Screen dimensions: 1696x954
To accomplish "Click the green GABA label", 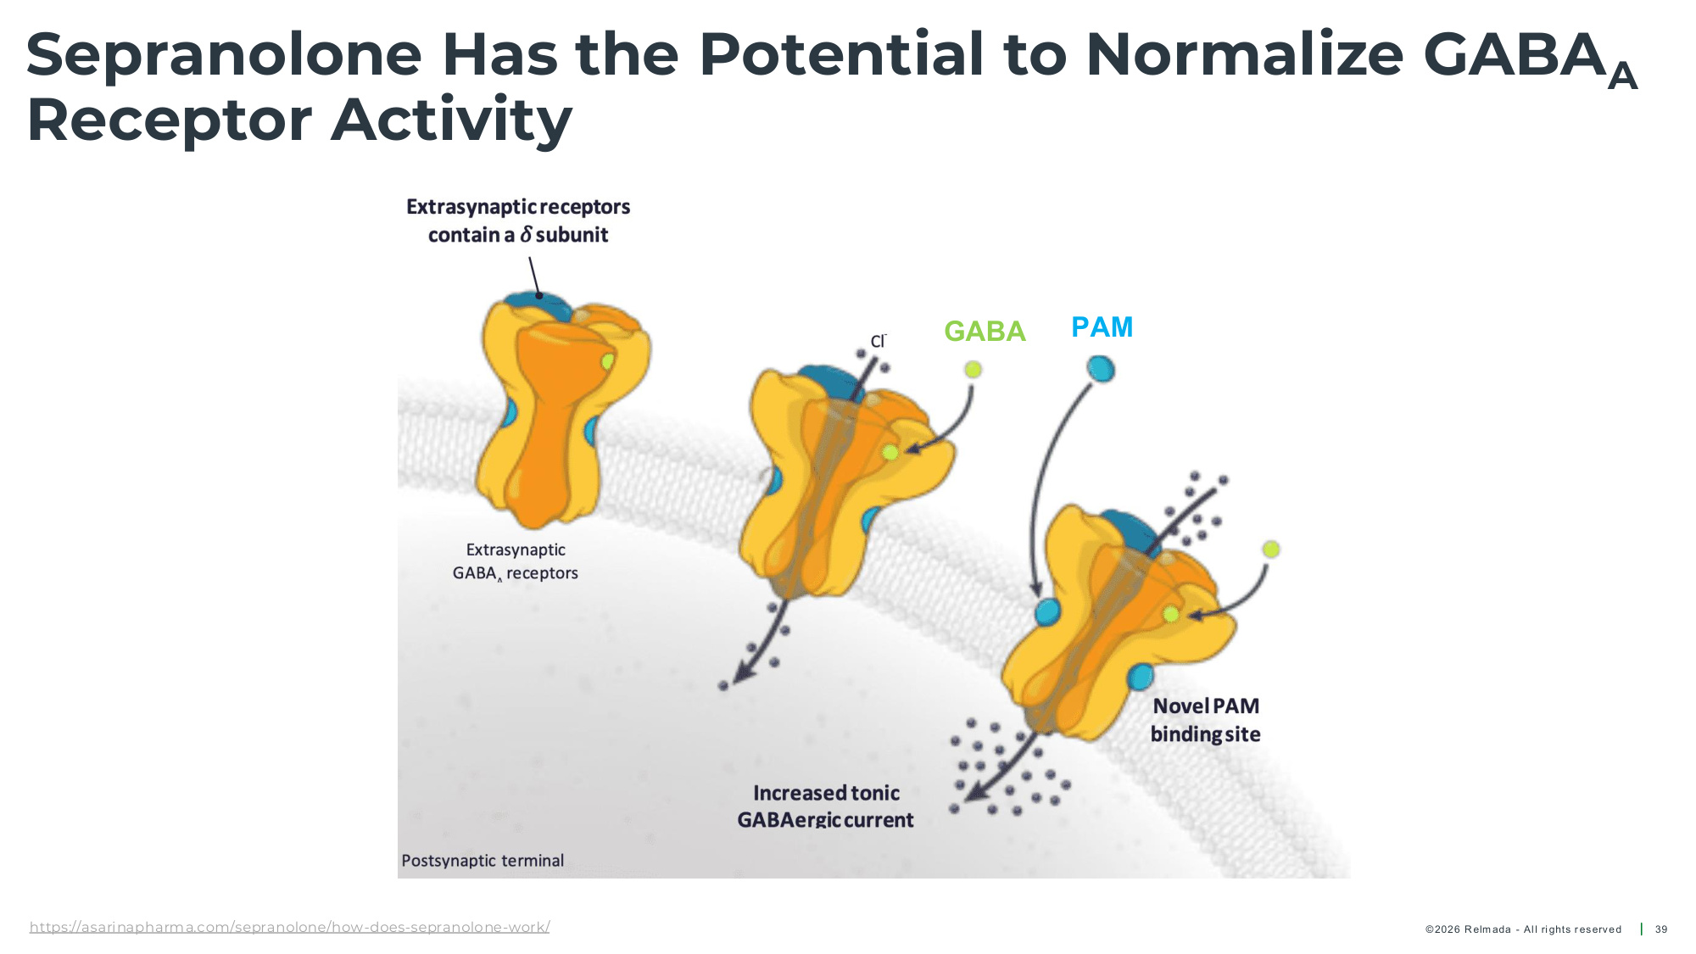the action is click(x=985, y=331).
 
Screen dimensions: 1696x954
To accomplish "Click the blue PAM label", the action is click(x=1102, y=327).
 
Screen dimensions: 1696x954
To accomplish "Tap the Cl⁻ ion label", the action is click(x=878, y=341).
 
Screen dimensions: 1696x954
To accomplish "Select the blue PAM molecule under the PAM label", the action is click(x=1101, y=369).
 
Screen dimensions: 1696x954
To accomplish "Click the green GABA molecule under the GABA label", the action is click(x=973, y=369).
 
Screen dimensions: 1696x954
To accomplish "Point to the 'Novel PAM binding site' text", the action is click(x=1205, y=720).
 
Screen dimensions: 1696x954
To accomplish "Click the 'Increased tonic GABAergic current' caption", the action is click(x=825, y=806).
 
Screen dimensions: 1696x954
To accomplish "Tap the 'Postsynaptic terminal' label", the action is click(x=483, y=861).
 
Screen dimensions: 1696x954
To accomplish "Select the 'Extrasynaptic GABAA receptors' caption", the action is click(x=516, y=561).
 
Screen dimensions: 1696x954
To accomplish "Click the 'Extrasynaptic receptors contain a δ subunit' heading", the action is click(x=518, y=220).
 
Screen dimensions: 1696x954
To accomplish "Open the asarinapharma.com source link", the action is click(x=289, y=927).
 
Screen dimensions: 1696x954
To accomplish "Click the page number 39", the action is click(x=1661, y=929).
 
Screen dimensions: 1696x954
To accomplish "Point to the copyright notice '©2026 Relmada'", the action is click(x=1468, y=929).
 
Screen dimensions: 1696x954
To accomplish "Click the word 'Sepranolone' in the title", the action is click(x=224, y=55).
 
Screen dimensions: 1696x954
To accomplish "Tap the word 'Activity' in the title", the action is click(x=452, y=120).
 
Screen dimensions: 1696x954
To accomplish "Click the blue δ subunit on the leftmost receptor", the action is click(x=538, y=304).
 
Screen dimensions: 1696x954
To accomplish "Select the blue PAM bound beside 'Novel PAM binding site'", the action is click(x=1141, y=677).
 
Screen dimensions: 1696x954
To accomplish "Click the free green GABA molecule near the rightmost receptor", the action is click(x=1270, y=550).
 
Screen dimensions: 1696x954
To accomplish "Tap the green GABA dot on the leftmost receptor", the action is click(x=607, y=362).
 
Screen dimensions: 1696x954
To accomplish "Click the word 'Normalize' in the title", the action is click(x=1244, y=55).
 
